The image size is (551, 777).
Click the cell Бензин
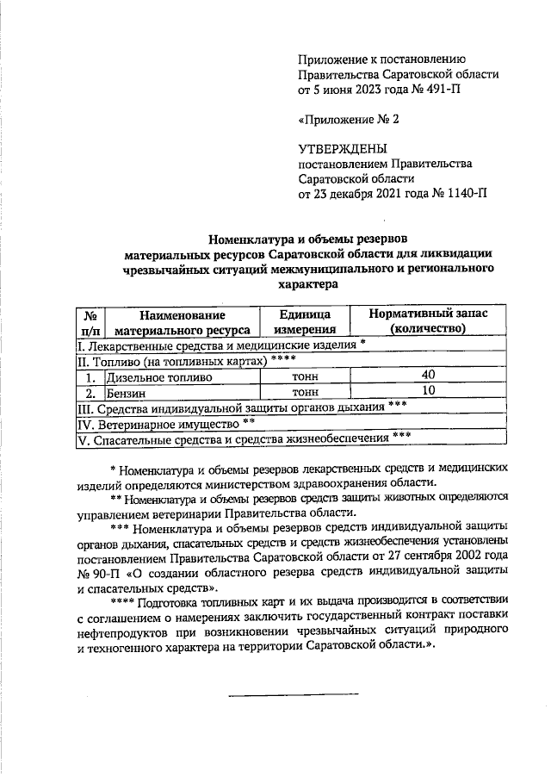click(126, 392)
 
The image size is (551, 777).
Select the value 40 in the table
click(428, 375)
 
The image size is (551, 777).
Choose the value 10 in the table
click(428, 391)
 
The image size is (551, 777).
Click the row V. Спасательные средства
click(241, 439)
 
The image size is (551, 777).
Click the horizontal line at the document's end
click(293, 693)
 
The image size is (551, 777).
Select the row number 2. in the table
click(89, 392)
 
